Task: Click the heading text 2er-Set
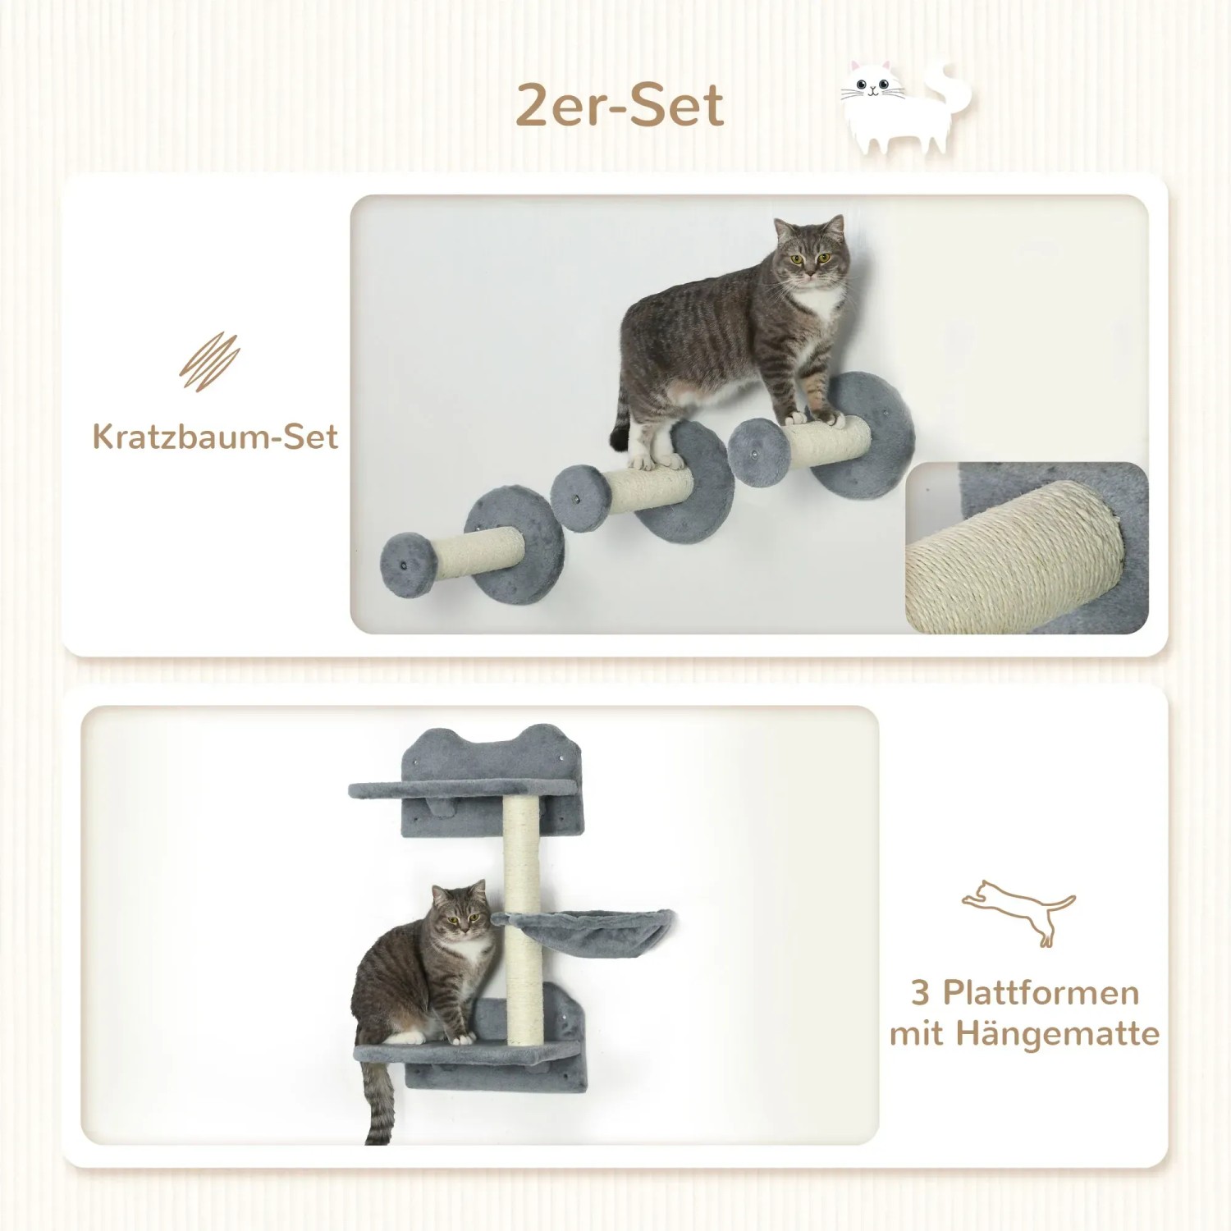620,107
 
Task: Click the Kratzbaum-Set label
215,437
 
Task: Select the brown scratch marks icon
210,362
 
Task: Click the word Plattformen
1041,992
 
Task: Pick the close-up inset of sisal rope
1026,548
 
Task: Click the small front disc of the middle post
580,495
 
